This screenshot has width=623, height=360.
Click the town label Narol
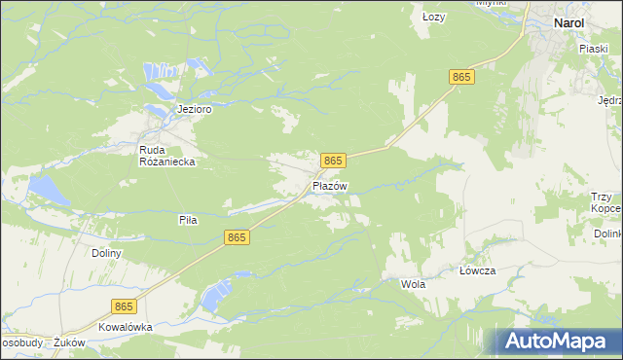tap(568, 22)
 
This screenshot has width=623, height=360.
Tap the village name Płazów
tap(330, 185)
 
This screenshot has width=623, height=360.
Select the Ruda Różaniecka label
tap(168, 156)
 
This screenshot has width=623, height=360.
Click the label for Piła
tap(188, 220)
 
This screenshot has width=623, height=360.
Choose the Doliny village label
tap(106, 253)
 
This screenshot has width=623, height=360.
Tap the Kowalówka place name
tap(126, 327)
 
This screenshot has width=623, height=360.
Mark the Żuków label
tap(71, 342)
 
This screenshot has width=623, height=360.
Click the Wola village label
tap(414, 284)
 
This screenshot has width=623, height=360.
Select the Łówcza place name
tap(478, 271)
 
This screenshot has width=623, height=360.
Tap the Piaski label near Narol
tap(593, 47)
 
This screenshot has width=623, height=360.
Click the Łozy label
tap(433, 18)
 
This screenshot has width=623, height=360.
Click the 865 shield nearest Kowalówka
tap(123, 306)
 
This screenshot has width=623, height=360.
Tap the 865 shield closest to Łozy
tap(461, 77)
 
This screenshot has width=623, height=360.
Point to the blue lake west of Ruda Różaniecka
tap(48, 190)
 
